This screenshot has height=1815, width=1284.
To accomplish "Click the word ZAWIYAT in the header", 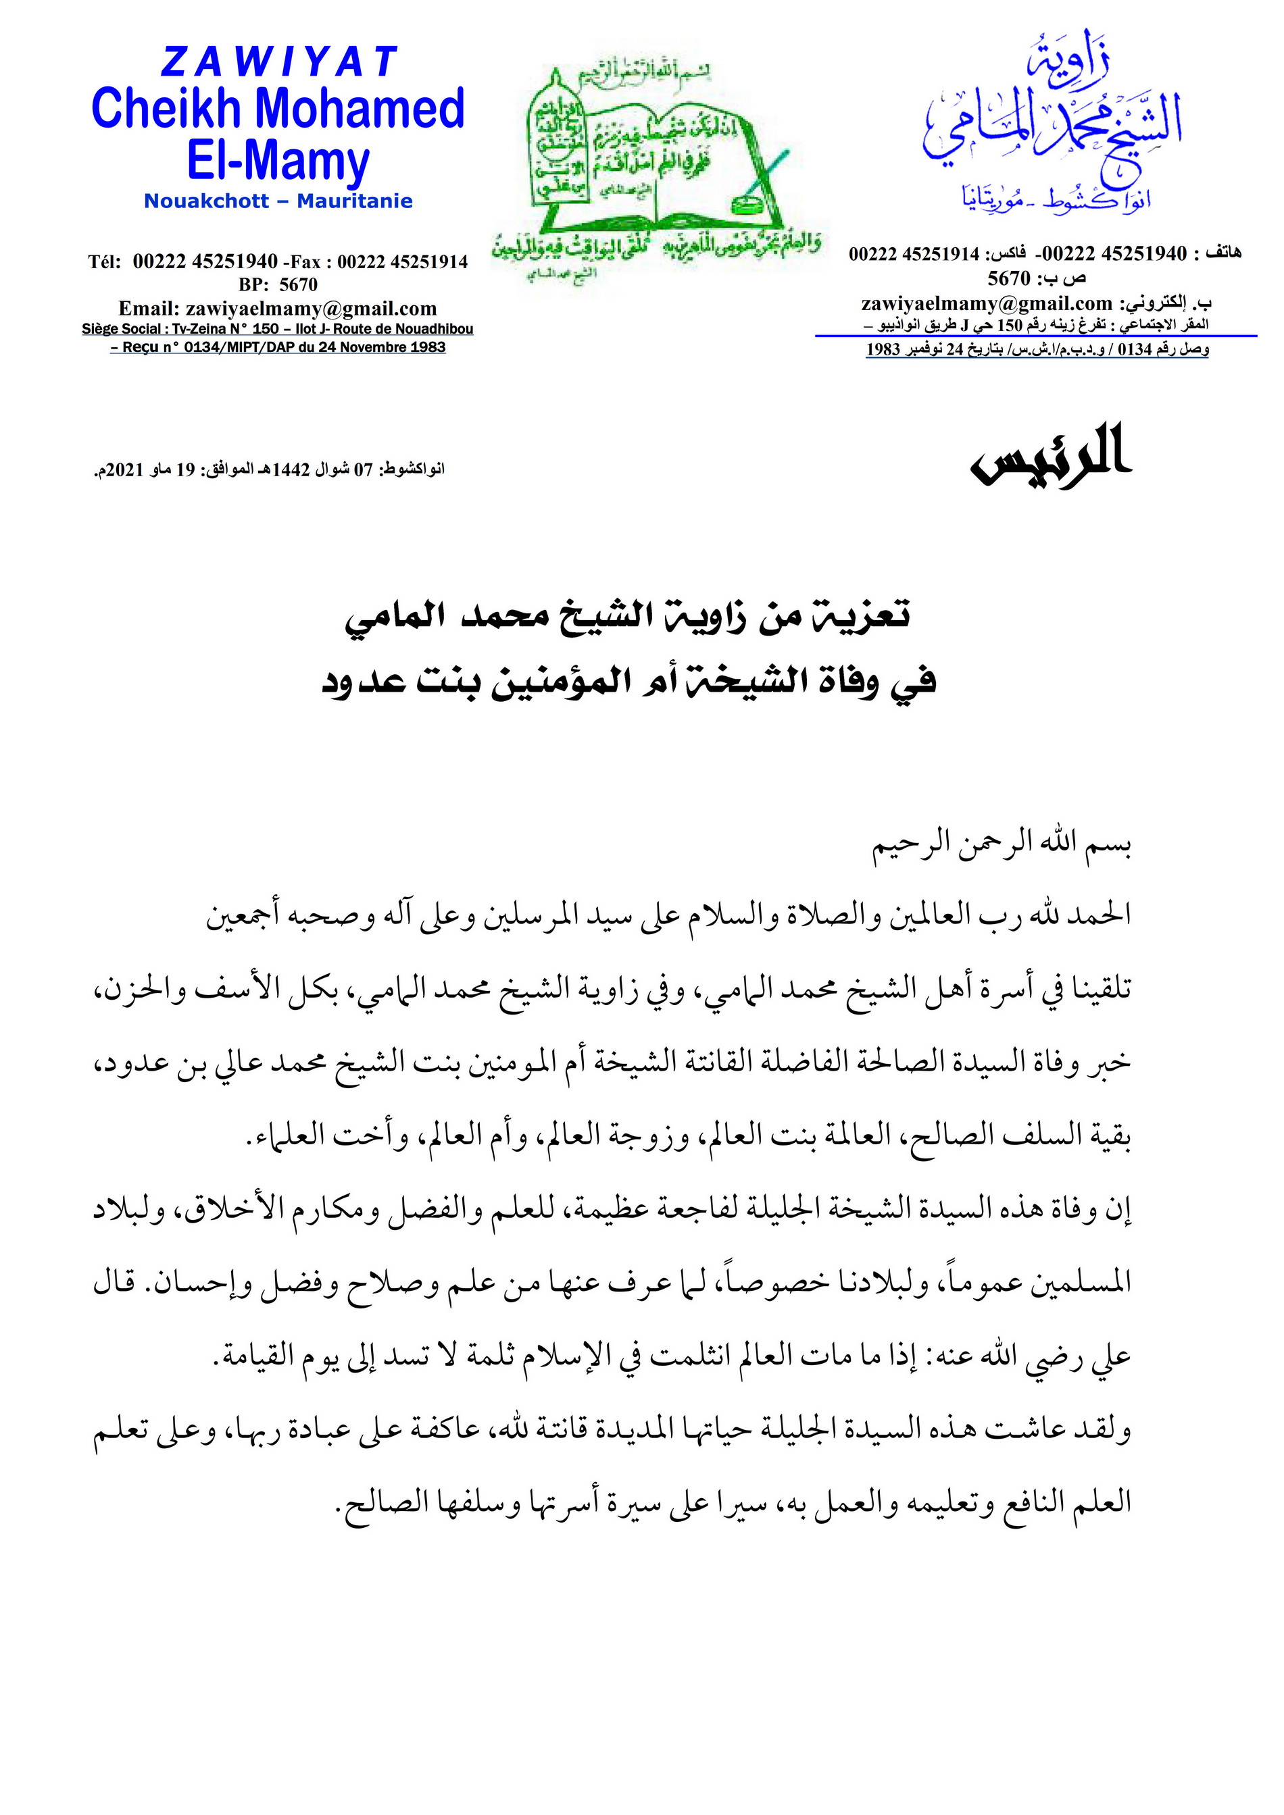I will point(278,62).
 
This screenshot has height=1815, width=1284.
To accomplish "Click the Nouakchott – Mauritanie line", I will point(278,201).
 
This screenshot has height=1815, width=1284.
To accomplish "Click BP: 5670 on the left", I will point(278,284).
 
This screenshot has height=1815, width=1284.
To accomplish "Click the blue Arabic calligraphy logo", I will point(1052,126).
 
